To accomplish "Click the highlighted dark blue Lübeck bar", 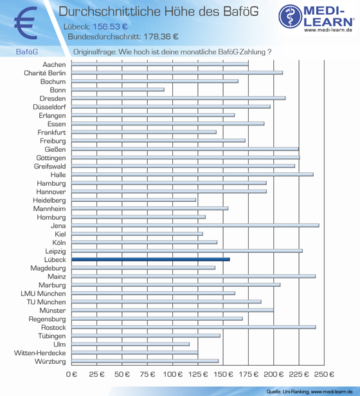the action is tap(150, 259).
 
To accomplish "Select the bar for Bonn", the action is tap(118, 89).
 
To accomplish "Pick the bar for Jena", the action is tap(195, 225).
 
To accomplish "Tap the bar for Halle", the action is tap(192, 174).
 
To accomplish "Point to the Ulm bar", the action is tap(130, 344).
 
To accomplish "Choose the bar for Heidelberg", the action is tap(134, 200).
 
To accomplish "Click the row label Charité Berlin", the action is tap(45, 73).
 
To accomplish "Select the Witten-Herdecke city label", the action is tap(40, 353).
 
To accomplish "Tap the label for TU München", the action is tap(46, 302).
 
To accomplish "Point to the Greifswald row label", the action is tap(50, 166).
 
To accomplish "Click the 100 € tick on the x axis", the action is tap(172, 374).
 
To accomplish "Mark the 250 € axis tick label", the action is tap(324, 374).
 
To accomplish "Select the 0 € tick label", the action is tap(71, 374).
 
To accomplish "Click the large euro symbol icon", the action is tap(26, 23).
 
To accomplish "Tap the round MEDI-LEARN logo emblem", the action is tap(291, 16).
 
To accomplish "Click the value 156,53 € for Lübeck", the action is tap(110, 27).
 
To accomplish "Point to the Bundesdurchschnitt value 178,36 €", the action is tap(161, 37).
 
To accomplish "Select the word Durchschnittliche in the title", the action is tap(110, 12).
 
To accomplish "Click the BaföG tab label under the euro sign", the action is tap(27, 52).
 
